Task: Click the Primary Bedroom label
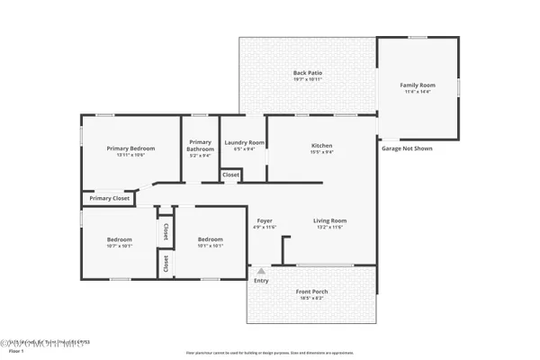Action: pyautogui.click(x=130, y=148)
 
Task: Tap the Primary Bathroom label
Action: pyautogui.click(x=200, y=145)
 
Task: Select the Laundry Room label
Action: pyautogui.click(x=244, y=142)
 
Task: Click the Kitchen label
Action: pyautogui.click(x=322, y=146)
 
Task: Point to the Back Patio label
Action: pyautogui.click(x=308, y=73)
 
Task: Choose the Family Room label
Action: pyautogui.click(x=416, y=85)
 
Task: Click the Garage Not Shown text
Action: pyautogui.click(x=410, y=147)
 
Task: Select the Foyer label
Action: pyautogui.click(x=265, y=220)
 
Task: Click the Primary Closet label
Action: pyautogui.click(x=109, y=198)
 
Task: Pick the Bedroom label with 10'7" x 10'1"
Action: pyautogui.click(x=120, y=239)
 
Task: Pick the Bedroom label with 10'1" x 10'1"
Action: pyautogui.click(x=211, y=239)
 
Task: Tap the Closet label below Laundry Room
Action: pyautogui.click(x=230, y=175)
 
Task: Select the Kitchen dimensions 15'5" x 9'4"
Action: pyautogui.click(x=322, y=152)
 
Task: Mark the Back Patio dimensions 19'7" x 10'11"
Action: pyautogui.click(x=308, y=79)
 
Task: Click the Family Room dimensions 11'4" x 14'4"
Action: pyautogui.click(x=416, y=92)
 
